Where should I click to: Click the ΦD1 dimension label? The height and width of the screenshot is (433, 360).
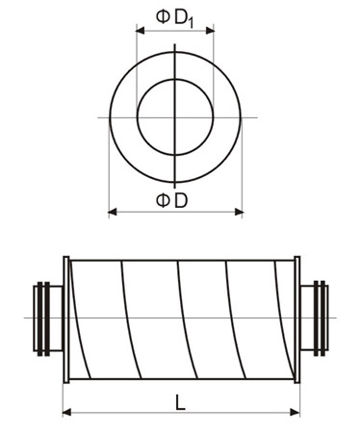coord(175,18)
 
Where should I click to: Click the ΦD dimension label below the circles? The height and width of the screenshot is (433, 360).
coord(171,200)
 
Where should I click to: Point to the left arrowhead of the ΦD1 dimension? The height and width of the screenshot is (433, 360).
coord(141,31)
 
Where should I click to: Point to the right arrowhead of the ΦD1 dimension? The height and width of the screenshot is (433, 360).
coord(210,31)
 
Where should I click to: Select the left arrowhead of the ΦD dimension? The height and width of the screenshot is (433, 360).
coord(113,212)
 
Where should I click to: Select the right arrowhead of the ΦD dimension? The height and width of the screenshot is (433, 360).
coord(239,212)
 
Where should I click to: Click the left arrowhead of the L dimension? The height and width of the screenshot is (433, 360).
coord(67,412)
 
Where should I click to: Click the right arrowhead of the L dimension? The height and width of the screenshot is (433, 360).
coord(295,412)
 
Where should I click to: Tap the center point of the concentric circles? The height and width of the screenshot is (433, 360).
coord(175,117)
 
